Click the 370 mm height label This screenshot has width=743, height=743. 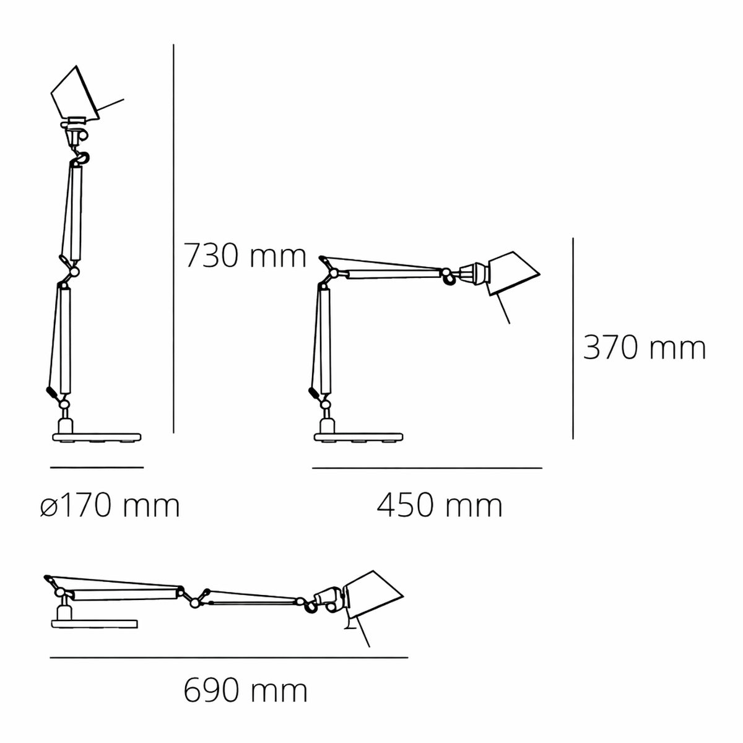(x=645, y=347)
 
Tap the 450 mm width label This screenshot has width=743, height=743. (x=440, y=506)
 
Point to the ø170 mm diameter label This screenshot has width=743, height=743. (x=110, y=506)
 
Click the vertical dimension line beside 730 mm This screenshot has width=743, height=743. (x=173, y=238)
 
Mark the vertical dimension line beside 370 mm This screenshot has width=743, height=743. (x=573, y=338)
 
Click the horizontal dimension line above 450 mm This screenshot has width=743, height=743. (x=427, y=468)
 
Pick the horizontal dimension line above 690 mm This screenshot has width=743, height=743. (x=229, y=658)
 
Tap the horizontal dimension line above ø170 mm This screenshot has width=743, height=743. (x=97, y=467)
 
